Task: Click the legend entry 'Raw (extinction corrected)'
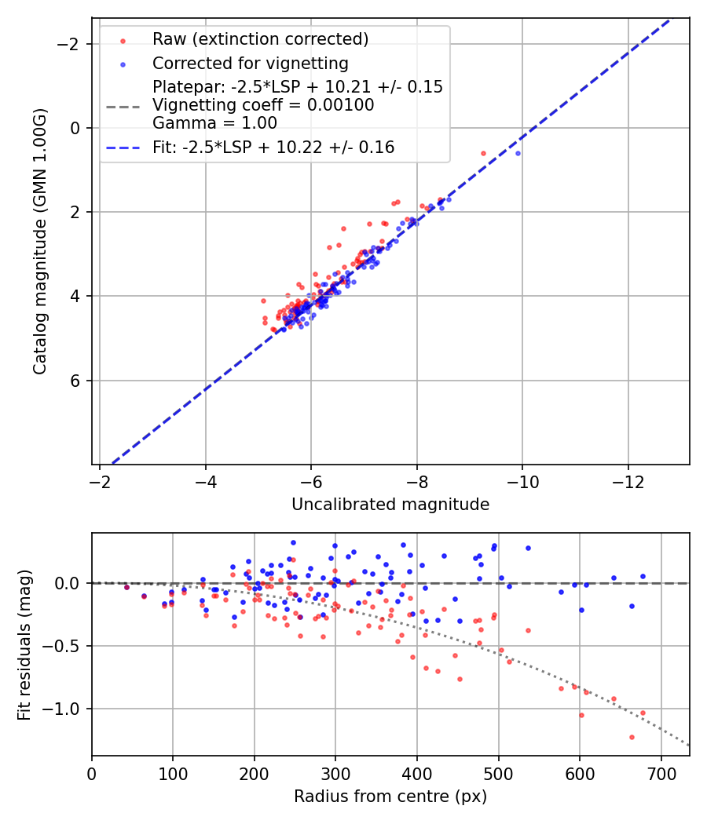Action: pos(260,39)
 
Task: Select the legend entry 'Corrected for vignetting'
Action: pos(250,63)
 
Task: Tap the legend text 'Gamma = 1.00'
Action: pos(214,122)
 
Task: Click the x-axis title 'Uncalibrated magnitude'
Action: pos(390,505)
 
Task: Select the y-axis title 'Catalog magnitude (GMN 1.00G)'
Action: pos(41,241)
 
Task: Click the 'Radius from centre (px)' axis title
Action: pos(390,797)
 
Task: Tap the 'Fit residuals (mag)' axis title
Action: pos(24,645)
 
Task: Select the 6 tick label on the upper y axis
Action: pos(76,381)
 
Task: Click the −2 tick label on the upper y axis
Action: pos(70,44)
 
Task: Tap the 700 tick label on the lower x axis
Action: pos(661,775)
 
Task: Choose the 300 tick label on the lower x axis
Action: pos(335,775)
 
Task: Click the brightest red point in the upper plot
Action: pos(483,153)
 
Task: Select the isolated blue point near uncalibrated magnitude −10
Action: pos(518,153)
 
